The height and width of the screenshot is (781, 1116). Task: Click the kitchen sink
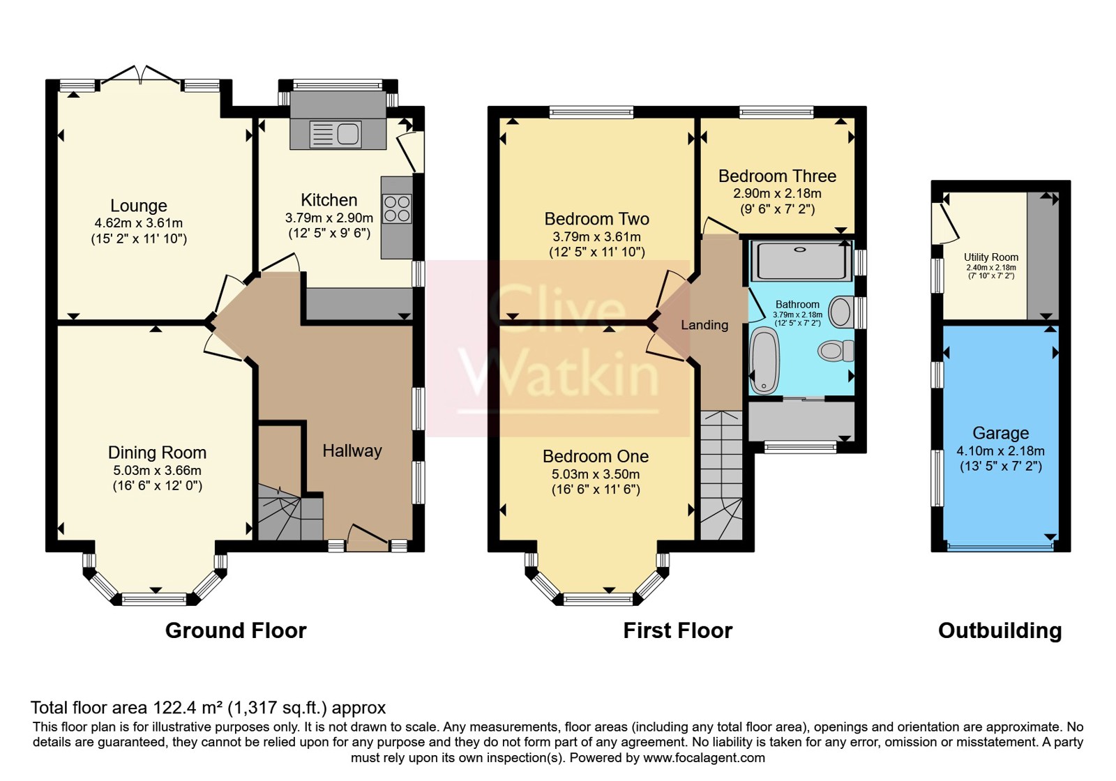click(335, 134)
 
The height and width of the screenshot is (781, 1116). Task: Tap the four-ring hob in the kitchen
click(397, 208)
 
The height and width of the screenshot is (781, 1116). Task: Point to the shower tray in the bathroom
click(801, 261)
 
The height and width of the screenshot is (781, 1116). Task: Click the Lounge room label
click(139, 205)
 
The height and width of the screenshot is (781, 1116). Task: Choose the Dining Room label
click(157, 453)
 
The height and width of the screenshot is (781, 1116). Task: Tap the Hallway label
click(352, 450)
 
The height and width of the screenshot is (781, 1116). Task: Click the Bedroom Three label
click(777, 176)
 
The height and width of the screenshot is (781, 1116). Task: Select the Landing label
click(704, 325)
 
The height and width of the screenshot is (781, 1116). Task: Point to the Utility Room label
click(991, 257)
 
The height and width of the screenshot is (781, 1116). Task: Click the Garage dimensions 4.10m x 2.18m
click(1000, 450)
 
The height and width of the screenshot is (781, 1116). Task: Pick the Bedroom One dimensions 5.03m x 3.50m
click(596, 473)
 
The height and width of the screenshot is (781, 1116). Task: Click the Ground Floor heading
click(236, 630)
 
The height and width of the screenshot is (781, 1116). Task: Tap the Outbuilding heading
click(1000, 630)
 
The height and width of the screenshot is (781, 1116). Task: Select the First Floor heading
click(677, 630)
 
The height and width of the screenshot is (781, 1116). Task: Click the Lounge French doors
click(140, 76)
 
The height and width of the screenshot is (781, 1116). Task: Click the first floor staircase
click(721, 475)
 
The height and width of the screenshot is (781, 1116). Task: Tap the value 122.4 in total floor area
click(171, 707)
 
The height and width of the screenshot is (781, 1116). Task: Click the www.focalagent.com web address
click(704, 757)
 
